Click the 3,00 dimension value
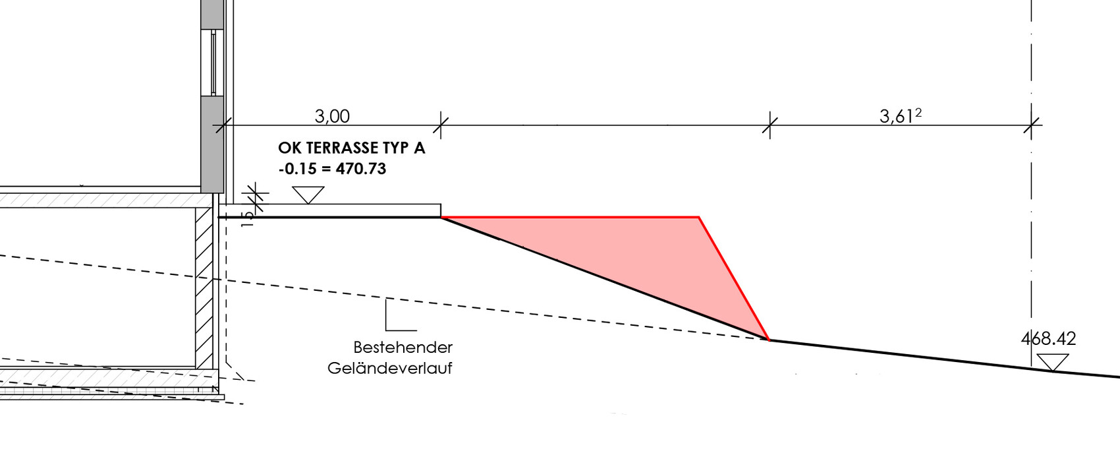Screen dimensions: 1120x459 332,117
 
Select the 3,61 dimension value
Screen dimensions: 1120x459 897,117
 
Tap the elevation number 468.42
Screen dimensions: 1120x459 1048,339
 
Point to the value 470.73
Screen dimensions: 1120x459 361,169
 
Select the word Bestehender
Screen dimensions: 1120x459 403,347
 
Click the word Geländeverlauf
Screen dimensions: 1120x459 390,369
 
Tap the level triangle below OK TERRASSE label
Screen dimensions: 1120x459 308,195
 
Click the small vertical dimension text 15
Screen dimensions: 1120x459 248,219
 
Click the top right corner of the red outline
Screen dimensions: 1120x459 698,217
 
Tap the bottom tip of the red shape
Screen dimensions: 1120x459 769,340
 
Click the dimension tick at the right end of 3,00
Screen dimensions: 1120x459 441,125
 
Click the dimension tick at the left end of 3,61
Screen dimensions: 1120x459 770,125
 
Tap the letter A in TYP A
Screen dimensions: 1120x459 419,148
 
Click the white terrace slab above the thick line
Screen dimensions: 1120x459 330,210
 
